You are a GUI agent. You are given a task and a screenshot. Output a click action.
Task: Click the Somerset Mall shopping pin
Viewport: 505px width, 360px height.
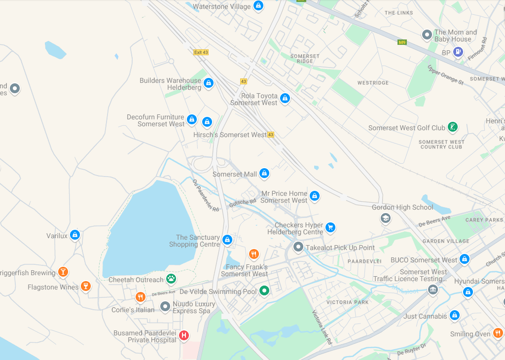[x=264, y=173]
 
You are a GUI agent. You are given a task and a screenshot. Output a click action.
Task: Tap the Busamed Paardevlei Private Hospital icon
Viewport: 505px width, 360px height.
[x=184, y=335]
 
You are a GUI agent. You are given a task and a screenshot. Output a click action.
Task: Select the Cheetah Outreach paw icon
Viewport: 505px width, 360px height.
[x=171, y=279]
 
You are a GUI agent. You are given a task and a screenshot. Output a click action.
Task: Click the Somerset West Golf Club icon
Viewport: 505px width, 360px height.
[x=452, y=127]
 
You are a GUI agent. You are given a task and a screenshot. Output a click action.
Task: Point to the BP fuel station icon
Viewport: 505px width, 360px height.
[x=458, y=51]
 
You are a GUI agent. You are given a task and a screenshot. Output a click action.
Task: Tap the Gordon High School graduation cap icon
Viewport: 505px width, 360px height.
[x=386, y=218]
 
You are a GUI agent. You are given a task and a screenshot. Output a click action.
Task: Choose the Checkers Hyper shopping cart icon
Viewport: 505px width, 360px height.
[x=330, y=227]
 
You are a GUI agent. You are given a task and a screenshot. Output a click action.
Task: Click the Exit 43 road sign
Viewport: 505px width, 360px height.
[x=201, y=52]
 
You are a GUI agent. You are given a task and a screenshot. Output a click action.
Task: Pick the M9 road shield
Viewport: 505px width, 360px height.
[x=401, y=42]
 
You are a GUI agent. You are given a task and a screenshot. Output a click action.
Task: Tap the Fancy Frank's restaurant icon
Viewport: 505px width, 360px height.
[x=254, y=254]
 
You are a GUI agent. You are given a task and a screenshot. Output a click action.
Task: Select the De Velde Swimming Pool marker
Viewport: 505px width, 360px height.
[x=264, y=290]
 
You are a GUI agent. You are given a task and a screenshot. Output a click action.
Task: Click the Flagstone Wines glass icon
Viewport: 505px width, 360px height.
[x=86, y=286]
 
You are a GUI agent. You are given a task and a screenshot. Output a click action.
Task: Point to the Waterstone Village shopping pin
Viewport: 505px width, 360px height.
[x=257, y=6]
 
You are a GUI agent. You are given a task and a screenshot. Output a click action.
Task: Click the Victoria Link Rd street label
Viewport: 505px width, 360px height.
[x=322, y=327]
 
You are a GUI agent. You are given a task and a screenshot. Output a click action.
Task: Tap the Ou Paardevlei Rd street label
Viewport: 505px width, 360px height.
[x=206, y=195]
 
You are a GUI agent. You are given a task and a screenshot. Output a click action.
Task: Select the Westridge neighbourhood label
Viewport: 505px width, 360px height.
[x=373, y=83]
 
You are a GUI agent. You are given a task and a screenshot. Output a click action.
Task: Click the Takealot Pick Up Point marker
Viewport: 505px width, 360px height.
[x=298, y=247]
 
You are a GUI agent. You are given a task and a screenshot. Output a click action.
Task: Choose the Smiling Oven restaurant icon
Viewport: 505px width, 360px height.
[x=498, y=333]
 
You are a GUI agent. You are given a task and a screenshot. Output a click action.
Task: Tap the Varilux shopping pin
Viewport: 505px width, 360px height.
[x=74, y=235]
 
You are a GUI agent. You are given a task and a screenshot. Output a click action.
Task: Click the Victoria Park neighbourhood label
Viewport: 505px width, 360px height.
[x=347, y=302]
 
